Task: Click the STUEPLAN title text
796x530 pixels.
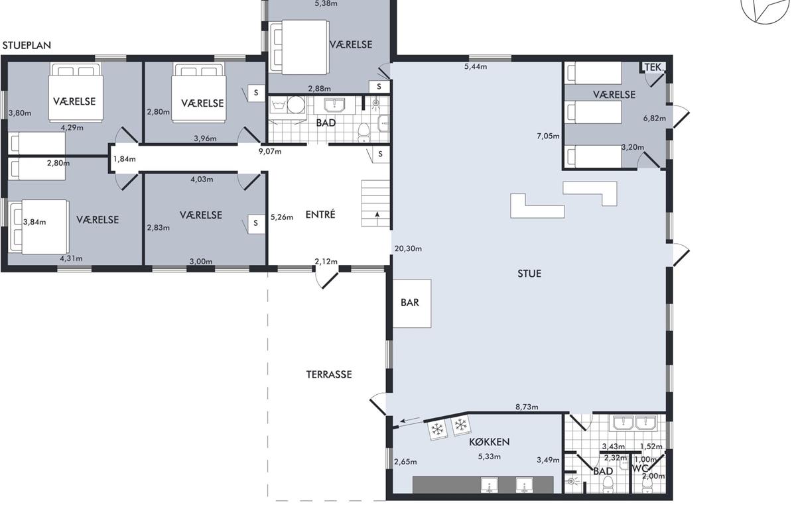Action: [27, 46]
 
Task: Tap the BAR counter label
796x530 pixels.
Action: [410, 303]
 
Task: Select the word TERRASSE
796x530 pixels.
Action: [329, 374]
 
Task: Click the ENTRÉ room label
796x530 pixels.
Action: [320, 215]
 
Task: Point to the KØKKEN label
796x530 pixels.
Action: [490, 442]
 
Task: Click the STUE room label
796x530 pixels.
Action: [529, 274]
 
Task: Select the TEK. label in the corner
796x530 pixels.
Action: [654, 67]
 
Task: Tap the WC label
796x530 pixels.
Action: [640, 468]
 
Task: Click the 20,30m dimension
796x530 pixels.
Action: [408, 249]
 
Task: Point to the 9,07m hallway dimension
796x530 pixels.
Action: [270, 152]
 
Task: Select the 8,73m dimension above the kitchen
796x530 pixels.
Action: [527, 407]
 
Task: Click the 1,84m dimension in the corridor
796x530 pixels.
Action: [125, 159]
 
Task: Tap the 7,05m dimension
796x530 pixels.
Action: [548, 136]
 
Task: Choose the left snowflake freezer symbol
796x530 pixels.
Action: [437, 430]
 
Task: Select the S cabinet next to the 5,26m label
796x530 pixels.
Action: [256, 224]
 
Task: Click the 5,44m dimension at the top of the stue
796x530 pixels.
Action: [476, 67]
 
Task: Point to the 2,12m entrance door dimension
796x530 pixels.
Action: [326, 262]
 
